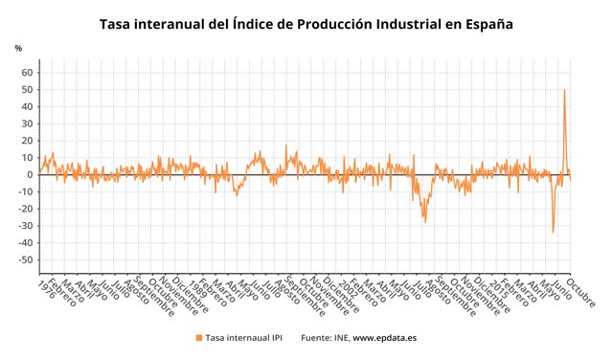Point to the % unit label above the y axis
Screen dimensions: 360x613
click(18, 47)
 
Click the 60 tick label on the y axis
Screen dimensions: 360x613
click(28, 73)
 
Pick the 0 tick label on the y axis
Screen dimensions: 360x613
click(31, 174)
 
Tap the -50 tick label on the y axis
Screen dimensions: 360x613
click(26, 259)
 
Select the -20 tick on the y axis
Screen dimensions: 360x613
click(26, 209)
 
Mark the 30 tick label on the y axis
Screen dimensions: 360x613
click(28, 124)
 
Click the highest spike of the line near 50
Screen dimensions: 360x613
click(564, 90)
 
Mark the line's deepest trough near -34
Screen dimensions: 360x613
click(553, 232)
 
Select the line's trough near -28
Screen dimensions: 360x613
click(425, 222)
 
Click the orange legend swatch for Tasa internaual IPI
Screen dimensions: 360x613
click(198, 338)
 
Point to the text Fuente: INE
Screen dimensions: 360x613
click(324, 338)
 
